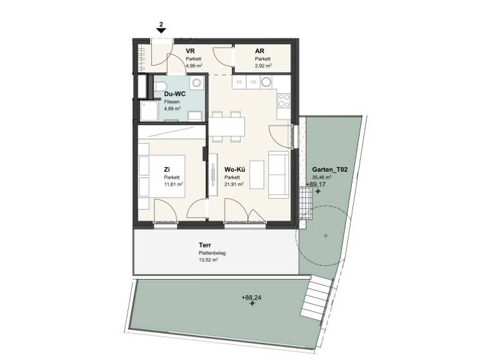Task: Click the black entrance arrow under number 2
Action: click(x=161, y=30)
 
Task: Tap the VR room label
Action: click(x=190, y=51)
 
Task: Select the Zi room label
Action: click(x=167, y=170)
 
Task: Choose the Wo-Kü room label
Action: click(x=233, y=170)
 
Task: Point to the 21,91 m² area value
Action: click(x=233, y=184)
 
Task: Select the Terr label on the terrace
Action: click(x=205, y=246)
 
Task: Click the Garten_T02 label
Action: click(x=330, y=170)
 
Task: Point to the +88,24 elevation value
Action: click(x=252, y=298)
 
